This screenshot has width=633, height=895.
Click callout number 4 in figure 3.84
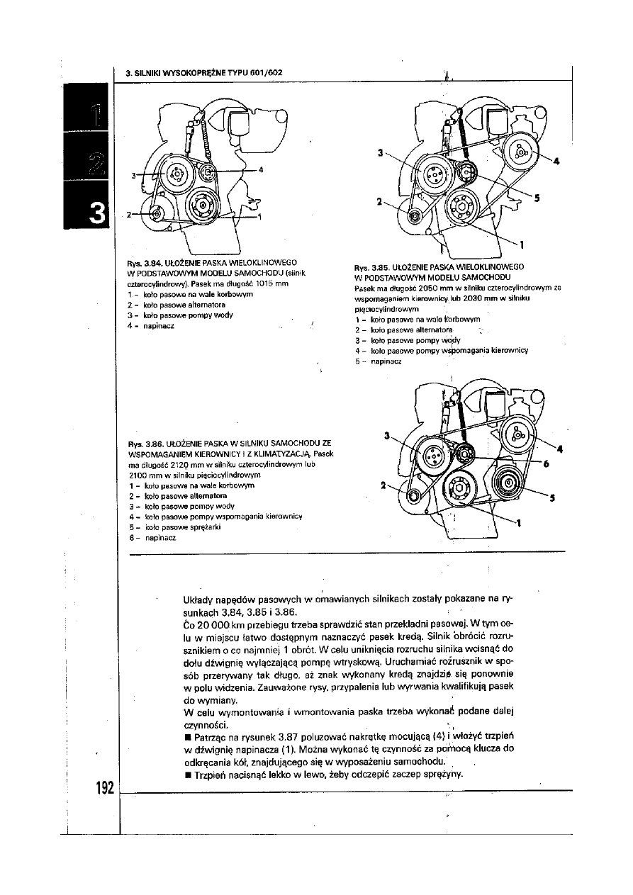pos(261,169)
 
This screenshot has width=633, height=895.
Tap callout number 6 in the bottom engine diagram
pos(546,464)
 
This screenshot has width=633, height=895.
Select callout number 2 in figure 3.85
pos(379,201)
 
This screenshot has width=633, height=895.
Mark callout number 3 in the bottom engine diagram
pos(387,436)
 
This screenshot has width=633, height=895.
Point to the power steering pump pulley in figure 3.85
pos(521,152)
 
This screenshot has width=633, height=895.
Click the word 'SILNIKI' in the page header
pos(150,72)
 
